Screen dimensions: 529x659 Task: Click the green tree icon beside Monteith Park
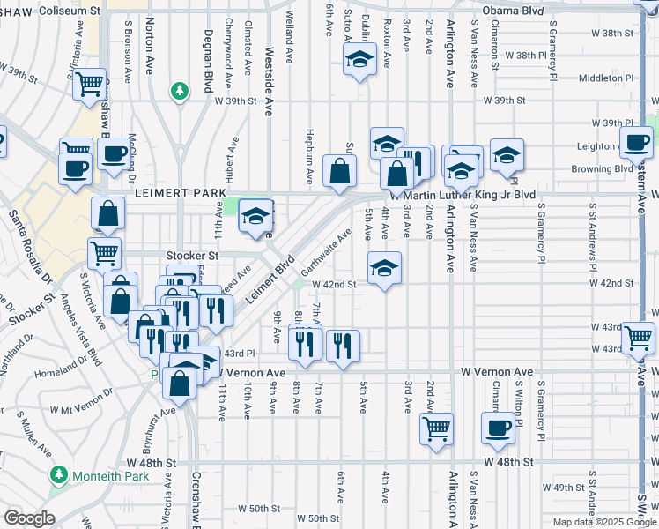(x=59, y=474)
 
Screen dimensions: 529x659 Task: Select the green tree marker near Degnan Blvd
(x=180, y=91)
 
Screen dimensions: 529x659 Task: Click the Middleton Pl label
(x=606, y=78)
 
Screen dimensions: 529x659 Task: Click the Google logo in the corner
(x=28, y=518)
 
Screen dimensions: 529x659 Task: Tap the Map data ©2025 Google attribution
(x=603, y=522)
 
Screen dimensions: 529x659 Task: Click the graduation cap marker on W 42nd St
(x=384, y=268)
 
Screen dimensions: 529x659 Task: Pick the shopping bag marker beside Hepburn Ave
(x=339, y=171)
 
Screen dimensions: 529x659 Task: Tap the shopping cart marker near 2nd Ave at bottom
(x=436, y=428)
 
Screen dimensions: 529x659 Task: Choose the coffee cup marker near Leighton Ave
(x=636, y=141)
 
